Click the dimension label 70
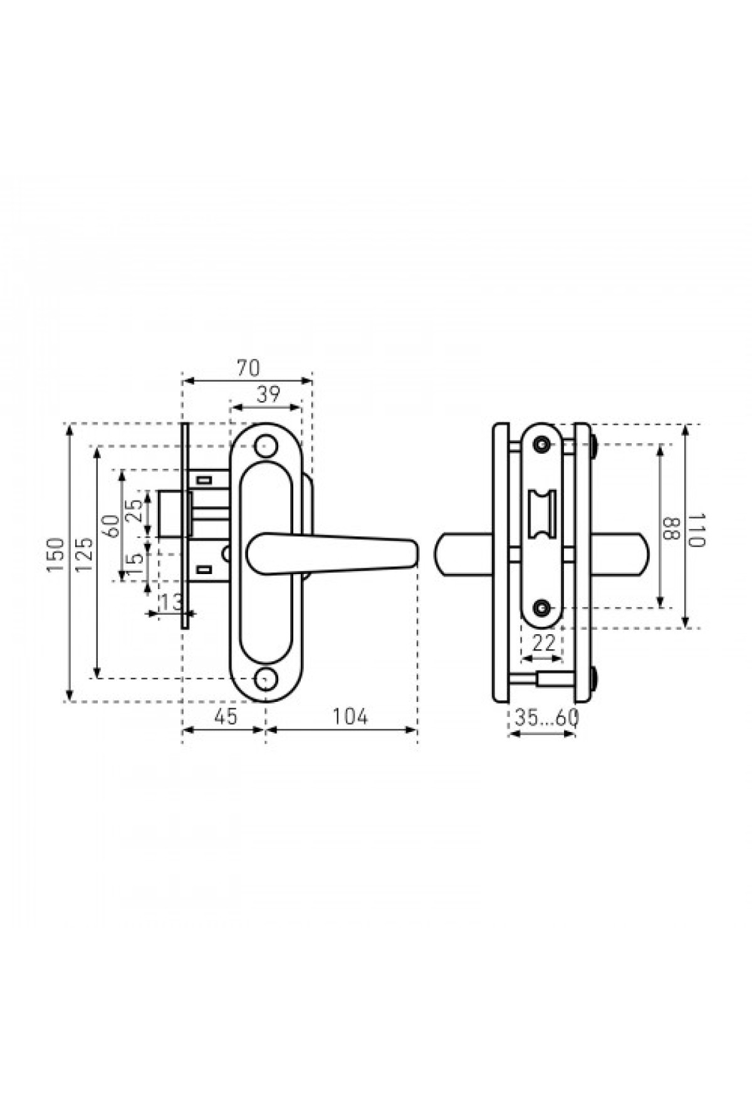248,368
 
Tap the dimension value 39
268,395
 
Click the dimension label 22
543,643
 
